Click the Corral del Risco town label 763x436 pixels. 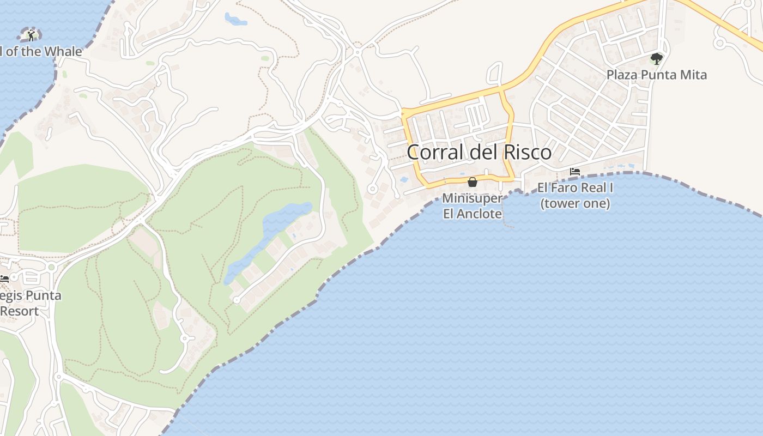pyautogui.click(x=479, y=152)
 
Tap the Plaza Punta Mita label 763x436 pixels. pyautogui.click(x=656, y=75)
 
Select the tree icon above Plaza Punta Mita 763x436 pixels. pyautogui.click(x=657, y=58)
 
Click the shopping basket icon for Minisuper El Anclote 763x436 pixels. pyautogui.click(x=473, y=182)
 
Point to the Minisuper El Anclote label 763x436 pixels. pyautogui.click(x=472, y=205)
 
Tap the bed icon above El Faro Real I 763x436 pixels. pyautogui.click(x=574, y=172)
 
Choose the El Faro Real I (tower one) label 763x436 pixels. pyautogui.click(x=575, y=196)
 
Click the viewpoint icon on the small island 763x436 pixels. pyautogui.click(x=31, y=35)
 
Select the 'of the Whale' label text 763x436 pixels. pyautogui.click(x=41, y=52)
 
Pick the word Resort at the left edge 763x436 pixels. pyautogui.click(x=20, y=311)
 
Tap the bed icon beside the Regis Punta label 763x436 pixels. pyautogui.click(x=4, y=278)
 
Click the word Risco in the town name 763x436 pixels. pyautogui.click(x=526, y=152)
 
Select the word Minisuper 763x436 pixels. pyautogui.click(x=472, y=198)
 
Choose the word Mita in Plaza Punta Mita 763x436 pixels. pyautogui.click(x=694, y=75)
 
